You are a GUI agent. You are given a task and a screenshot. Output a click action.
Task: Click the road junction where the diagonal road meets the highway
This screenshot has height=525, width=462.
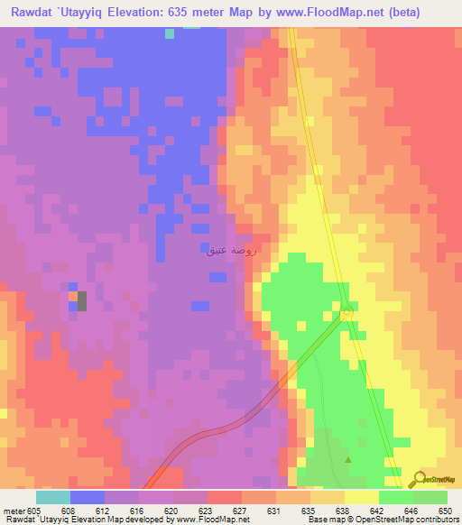tap(346, 312)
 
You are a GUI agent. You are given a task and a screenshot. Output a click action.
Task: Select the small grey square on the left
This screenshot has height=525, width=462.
tap(82, 300)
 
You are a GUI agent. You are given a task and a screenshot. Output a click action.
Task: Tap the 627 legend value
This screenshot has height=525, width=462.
tap(239, 511)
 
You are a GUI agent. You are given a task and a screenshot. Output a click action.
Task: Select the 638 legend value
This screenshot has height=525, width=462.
tap(342, 511)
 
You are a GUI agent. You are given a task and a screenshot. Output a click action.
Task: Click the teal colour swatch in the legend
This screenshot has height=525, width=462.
tap(52, 497)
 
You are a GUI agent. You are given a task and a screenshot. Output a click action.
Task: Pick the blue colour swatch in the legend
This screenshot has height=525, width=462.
tap(88, 497)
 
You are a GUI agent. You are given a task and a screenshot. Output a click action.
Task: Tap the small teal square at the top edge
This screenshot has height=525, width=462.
tap(170, 33)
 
